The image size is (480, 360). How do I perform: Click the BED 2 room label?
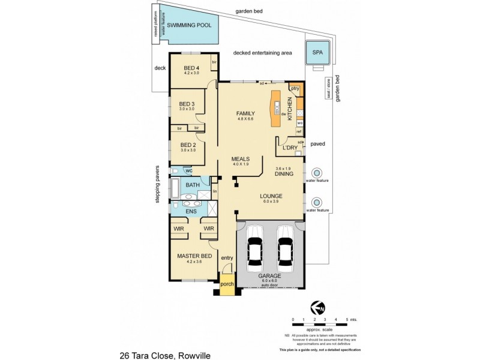tap(188, 145)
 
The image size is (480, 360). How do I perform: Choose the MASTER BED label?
tap(193, 256)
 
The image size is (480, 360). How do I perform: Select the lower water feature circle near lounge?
tap(317, 202)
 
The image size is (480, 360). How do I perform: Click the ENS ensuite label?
tap(191, 211)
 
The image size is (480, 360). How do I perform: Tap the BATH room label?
tap(193, 185)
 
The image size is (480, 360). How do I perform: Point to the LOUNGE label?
tap(271, 196)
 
